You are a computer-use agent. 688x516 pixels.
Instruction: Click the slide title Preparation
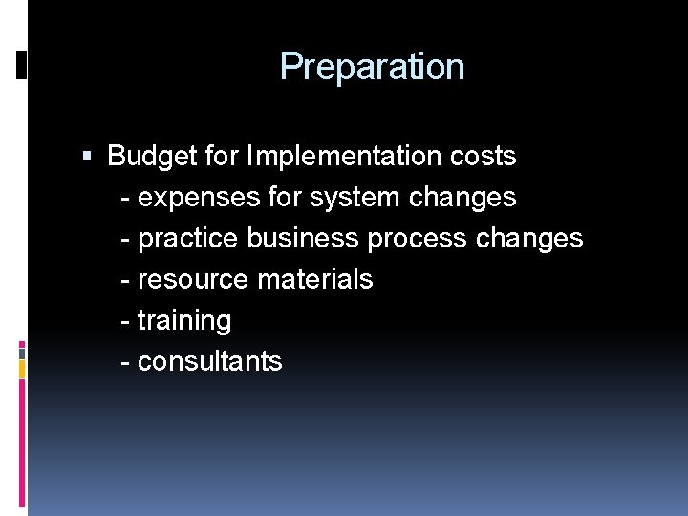click(372, 67)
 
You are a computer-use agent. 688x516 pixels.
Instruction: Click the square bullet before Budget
click(89, 156)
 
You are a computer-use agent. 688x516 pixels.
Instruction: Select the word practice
click(188, 238)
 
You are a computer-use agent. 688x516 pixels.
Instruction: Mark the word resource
click(193, 279)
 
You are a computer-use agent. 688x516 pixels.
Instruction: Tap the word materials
click(315, 279)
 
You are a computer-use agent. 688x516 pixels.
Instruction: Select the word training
click(184, 320)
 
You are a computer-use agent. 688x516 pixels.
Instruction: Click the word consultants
click(210, 361)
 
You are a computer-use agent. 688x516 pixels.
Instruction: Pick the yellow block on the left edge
click(22, 353)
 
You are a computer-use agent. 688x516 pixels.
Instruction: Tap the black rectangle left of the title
click(22, 64)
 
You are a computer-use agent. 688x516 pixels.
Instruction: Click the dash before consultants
click(127, 361)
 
